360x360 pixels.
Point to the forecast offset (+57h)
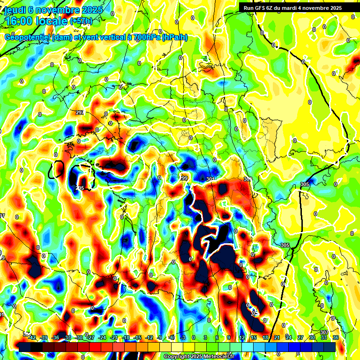click(81, 21)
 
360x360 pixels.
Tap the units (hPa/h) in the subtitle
click(174, 37)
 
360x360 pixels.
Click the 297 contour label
click(80, 113)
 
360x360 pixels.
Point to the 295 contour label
click(80, 187)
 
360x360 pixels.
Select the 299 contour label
click(184, 179)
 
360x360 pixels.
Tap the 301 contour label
click(210, 179)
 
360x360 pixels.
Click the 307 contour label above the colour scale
click(324, 332)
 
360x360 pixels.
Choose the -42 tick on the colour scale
click(32, 337)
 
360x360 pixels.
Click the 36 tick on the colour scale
click(336, 337)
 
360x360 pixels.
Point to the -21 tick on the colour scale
click(114, 337)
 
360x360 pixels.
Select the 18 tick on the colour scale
click(265, 337)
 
